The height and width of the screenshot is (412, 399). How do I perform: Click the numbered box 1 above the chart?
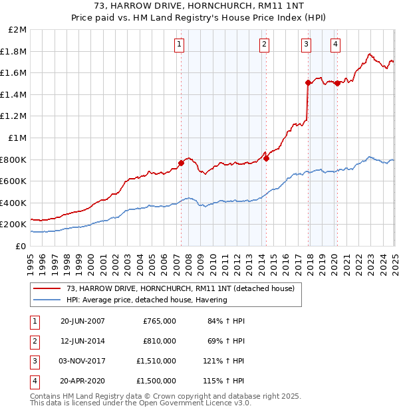180,45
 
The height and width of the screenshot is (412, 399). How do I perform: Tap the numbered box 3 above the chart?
307,45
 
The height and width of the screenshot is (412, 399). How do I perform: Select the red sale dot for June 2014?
265,158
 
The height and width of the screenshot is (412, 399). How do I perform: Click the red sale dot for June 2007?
181,163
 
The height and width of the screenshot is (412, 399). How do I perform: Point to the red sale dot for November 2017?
308,83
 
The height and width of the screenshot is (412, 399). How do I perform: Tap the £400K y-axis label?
15,203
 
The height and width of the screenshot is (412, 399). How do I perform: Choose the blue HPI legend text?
146,300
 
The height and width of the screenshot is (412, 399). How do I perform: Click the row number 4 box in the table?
33,381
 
